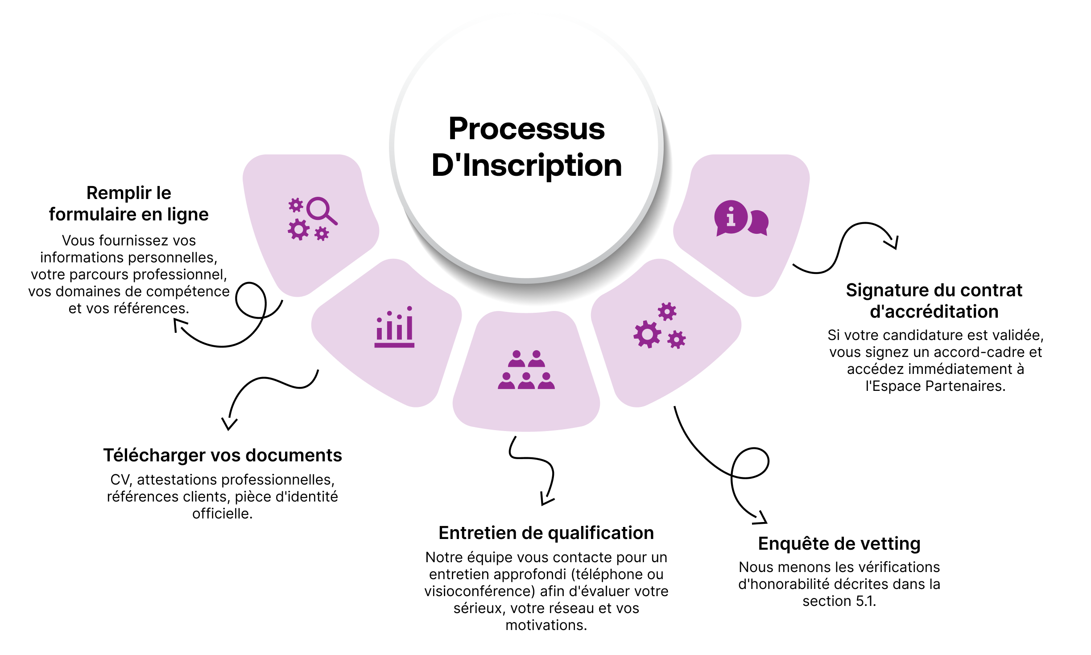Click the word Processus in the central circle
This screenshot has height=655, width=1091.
point(526,129)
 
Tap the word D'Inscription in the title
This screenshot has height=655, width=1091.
point(526,166)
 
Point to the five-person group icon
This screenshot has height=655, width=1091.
point(526,370)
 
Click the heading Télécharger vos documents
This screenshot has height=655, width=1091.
point(223,455)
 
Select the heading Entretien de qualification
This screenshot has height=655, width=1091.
point(546,533)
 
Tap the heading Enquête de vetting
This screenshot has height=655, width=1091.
point(839,543)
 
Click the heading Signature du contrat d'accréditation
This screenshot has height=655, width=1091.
point(934,301)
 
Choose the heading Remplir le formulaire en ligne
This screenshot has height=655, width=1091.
point(128,203)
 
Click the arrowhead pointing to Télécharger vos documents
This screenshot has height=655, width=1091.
point(229,424)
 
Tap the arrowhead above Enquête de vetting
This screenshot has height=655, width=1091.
point(761,518)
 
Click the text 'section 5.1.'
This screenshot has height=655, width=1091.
point(839,601)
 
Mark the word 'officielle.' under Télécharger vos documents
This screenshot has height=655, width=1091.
point(222,514)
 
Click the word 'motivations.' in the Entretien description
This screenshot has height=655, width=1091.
point(546,625)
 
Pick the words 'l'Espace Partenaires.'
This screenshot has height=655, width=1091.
point(935,386)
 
